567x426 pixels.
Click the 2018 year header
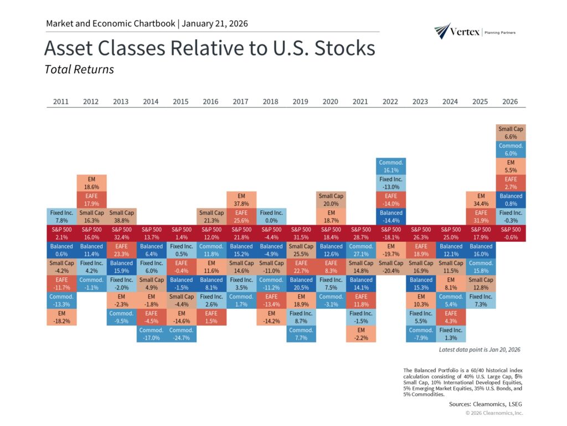pos(271,102)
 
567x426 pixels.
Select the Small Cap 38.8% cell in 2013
pos(121,216)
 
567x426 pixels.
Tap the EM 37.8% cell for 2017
pos(241,200)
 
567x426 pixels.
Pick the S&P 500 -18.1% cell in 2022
pos(391,233)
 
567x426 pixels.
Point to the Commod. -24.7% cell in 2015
pos(181,333)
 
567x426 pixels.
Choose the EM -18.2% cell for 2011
pos(61,317)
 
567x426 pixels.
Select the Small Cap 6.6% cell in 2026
pos(511,133)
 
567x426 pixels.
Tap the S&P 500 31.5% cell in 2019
pos(301,233)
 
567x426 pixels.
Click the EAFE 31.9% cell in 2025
pos(481,216)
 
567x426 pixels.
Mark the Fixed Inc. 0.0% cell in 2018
pos(271,216)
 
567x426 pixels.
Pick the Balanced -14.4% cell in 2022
pos(391,216)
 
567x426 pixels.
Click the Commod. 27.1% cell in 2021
pos(361,250)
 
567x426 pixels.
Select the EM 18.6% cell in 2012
pos(91,183)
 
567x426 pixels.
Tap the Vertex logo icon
pos(442,31)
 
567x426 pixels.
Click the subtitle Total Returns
pos(79,70)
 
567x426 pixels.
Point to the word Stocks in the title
pos(344,48)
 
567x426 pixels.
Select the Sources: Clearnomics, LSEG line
pos(486,404)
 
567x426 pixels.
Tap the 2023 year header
pos(420,102)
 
